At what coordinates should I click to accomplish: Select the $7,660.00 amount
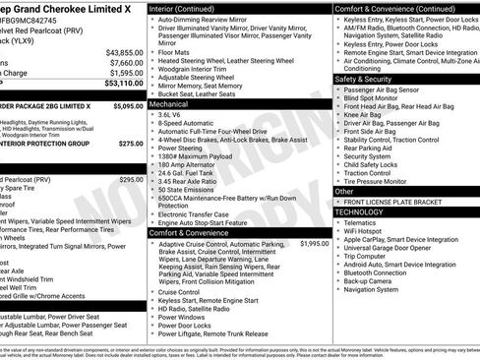tap(127, 62)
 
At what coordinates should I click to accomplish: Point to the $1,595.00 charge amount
tap(127, 73)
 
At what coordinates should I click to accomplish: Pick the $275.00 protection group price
tap(131, 144)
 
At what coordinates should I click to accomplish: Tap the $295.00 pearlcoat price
tap(131, 180)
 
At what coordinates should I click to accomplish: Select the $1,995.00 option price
tap(314, 243)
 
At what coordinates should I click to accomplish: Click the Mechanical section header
tap(168, 103)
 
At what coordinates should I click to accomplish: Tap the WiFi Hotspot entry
tap(365, 231)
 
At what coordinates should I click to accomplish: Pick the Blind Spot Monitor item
tap(374, 98)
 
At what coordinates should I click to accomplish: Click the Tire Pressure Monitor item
tap(379, 181)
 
